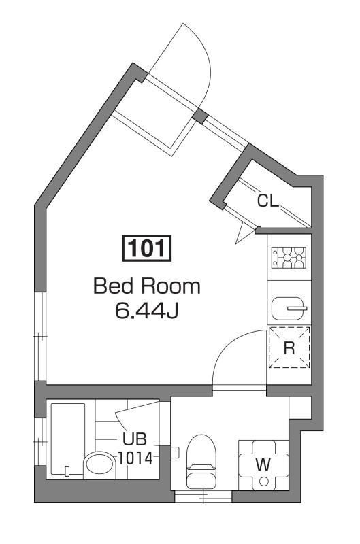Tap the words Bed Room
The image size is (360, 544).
coord(147,286)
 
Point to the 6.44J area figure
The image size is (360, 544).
coord(147,311)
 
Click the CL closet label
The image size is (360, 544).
coord(267,201)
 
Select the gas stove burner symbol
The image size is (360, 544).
coord(289,258)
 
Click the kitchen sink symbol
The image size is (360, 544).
coord(289,308)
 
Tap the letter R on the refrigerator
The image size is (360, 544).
coord(289,348)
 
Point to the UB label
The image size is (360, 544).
coord(133,439)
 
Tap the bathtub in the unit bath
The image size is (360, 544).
coord(67,439)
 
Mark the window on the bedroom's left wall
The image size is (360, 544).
coord(41,336)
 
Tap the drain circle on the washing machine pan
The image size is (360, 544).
coord(263,482)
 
